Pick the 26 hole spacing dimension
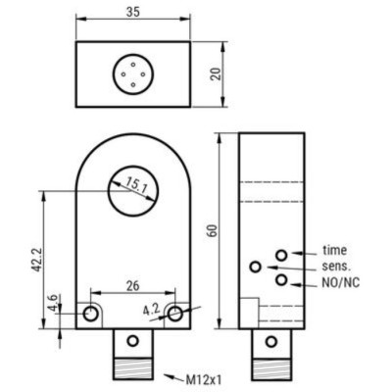(131, 286)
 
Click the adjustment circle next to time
(282, 255)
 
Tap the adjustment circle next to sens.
(257, 267)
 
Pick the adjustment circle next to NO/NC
(282, 280)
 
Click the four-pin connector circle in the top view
(132, 73)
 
